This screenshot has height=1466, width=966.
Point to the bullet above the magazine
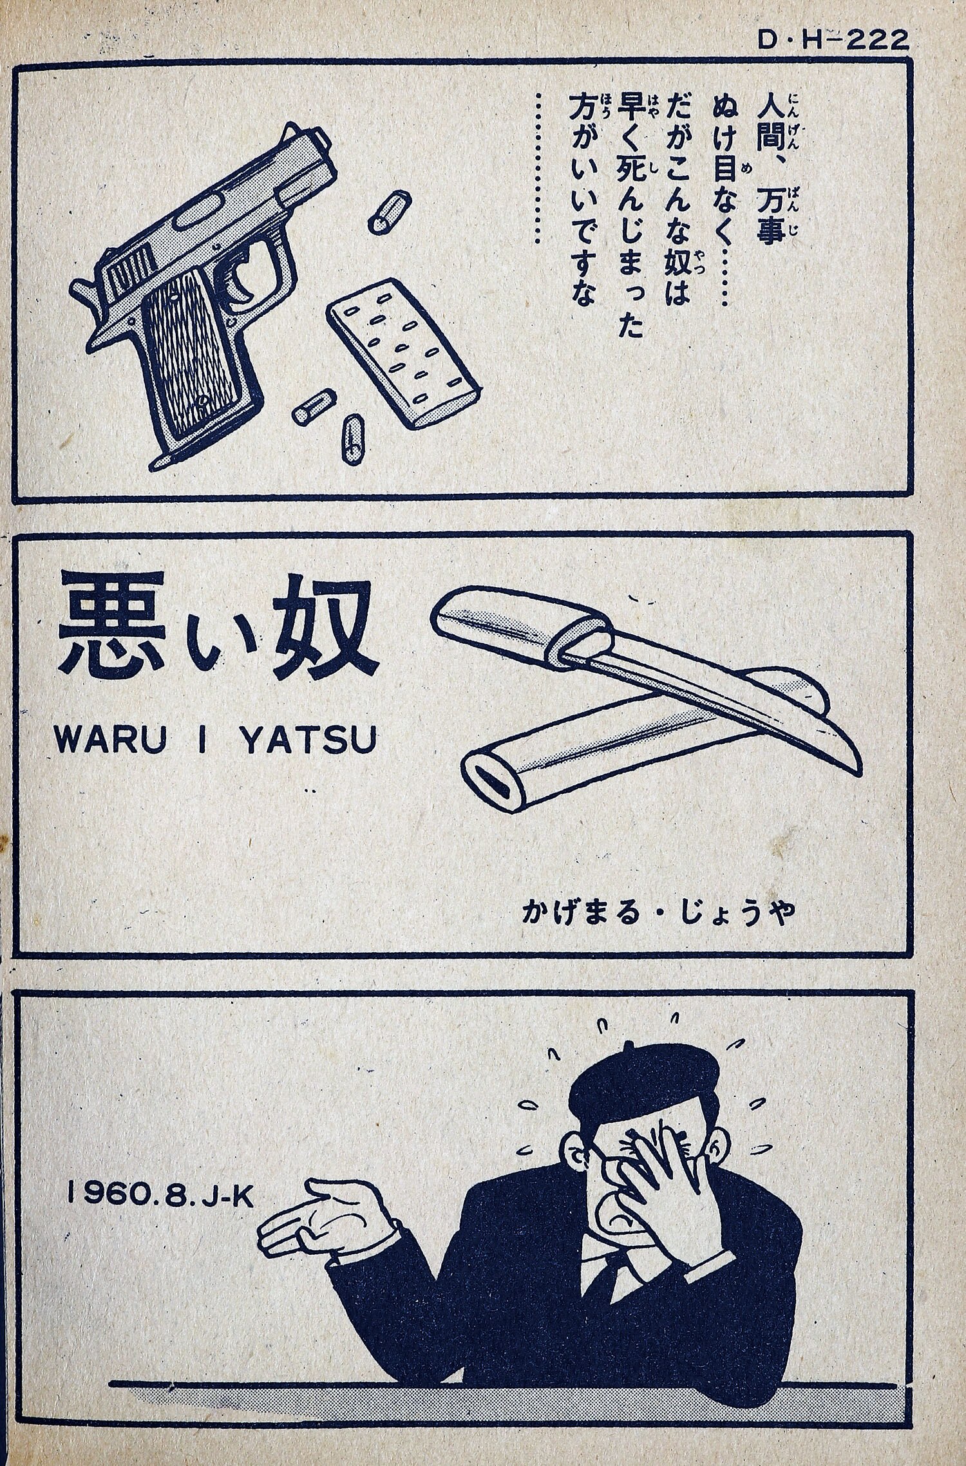(x=389, y=210)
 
